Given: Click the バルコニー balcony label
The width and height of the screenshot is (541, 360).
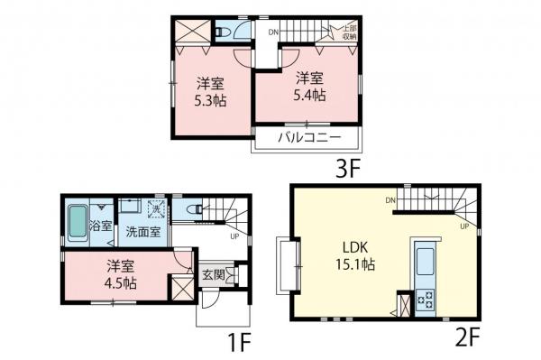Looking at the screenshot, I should (x=309, y=139).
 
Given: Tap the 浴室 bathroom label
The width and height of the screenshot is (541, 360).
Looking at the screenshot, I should (x=100, y=226).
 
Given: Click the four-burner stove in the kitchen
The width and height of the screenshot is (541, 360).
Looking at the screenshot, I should (x=426, y=300).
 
